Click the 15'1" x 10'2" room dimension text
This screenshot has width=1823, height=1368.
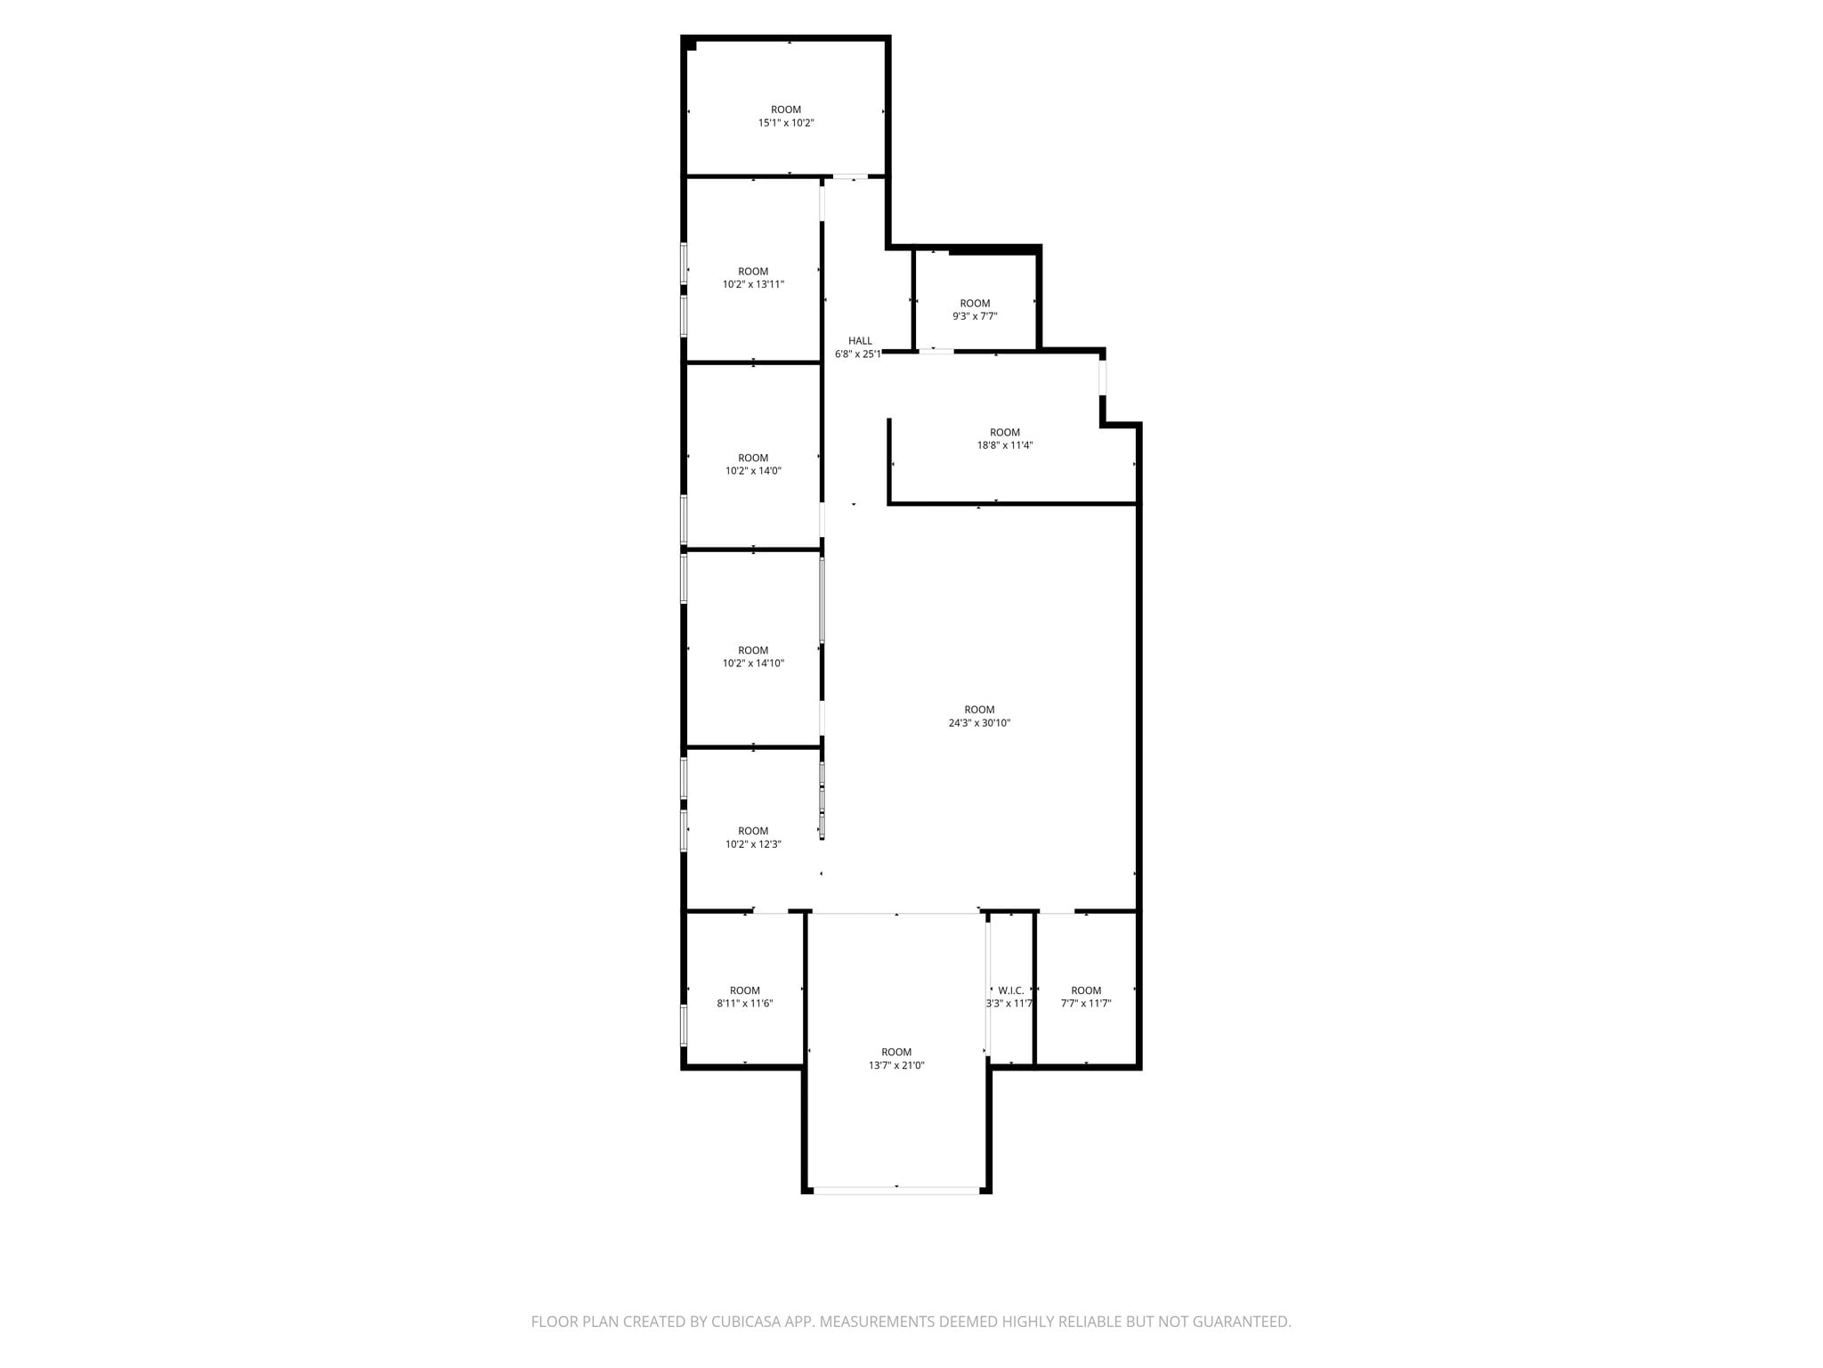(786, 123)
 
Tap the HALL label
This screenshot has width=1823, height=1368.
(860, 341)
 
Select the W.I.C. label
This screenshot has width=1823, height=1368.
(1011, 990)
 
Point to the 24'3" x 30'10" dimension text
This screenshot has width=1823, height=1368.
(979, 723)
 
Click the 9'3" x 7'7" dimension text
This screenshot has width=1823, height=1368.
(975, 316)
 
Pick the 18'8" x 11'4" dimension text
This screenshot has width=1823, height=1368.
(1005, 445)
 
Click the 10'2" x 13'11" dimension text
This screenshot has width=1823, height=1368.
(753, 285)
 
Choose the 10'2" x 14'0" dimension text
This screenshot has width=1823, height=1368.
(753, 471)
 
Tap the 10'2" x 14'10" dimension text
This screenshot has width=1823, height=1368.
(753, 664)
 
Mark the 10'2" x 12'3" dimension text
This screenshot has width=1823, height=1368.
(753, 844)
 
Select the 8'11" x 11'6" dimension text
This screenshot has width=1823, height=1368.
(745, 1004)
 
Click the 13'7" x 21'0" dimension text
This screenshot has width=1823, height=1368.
(896, 1065)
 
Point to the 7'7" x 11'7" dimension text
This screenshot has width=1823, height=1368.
(1086, 1004)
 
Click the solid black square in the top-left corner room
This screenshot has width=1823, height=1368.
(691, 45)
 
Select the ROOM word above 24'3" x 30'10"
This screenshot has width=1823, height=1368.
(979, 710)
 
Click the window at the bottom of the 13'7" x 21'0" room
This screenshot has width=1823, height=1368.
(896, 1189)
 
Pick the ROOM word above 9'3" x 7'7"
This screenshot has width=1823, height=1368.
(975, 304)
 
